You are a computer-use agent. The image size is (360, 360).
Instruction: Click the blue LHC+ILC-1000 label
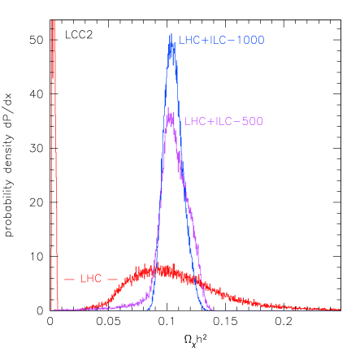[221, 40]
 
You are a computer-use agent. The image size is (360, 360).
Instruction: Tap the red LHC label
[90, 279]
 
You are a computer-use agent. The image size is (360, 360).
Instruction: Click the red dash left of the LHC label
[69, 279]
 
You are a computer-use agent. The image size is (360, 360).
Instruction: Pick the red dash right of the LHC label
[113, 279]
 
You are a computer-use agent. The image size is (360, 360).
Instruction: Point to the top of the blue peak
[171, 35]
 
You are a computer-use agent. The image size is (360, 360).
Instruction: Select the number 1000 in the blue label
[251, 40]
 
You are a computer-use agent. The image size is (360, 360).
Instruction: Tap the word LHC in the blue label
[189, 40]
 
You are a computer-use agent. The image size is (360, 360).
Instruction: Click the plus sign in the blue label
[205, 40]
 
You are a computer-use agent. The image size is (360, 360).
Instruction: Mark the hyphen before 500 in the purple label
[237, 121]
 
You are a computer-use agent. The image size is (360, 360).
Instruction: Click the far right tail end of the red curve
[338, 309]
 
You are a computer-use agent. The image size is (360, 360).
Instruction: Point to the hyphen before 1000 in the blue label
[232, 40]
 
